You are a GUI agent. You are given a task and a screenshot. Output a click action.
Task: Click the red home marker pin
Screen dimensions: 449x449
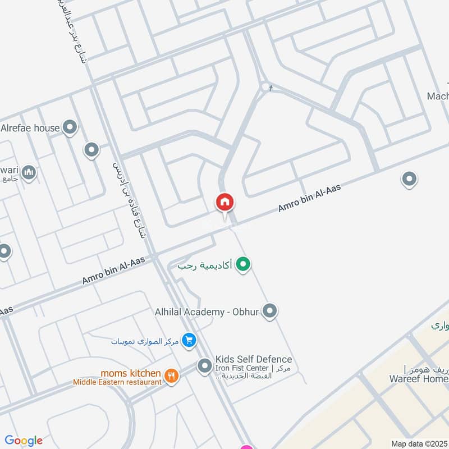point(225,203)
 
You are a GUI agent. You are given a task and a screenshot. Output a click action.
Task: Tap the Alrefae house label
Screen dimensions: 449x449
point(30,128)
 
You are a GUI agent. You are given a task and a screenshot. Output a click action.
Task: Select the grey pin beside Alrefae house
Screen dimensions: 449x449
point(70,128)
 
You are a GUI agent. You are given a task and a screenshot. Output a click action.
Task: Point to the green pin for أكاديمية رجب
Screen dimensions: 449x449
point(242,263)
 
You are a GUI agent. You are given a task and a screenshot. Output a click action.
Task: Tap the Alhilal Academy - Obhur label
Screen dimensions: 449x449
point(206,311)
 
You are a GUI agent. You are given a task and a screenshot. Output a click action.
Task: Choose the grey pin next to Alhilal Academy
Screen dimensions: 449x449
point(270,311)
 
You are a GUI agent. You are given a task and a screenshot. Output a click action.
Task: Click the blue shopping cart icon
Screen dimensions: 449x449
point(189,340)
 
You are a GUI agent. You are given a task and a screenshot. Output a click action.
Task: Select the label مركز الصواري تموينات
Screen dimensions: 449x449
point(145,341)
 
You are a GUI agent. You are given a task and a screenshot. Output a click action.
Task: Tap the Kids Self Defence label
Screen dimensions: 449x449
point(254,359)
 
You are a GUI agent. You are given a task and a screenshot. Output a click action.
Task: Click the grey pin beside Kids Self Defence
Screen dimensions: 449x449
point(204,366)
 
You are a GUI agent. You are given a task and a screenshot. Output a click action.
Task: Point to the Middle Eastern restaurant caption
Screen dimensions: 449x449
point(117,382)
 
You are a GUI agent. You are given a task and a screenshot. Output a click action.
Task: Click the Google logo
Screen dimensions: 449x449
point(24,441)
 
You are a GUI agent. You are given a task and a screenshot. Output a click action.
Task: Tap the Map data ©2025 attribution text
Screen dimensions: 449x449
point(420,443)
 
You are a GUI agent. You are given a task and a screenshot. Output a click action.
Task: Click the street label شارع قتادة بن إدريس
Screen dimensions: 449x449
point(129,196)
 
